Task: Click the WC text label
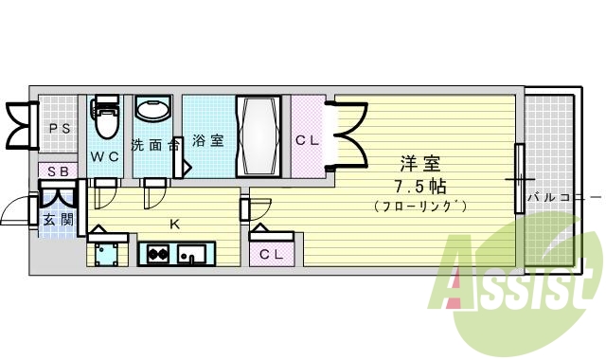click(x=105, y=155)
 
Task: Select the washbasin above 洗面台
click(x=152, y=110)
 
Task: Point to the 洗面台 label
click(x=154, y=145)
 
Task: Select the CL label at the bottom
click(x=271, y=253)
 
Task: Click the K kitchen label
click(x=174, y=225)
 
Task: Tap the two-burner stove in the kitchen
click(x=157, y=254)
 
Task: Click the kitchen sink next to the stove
click(x=194, y=254)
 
